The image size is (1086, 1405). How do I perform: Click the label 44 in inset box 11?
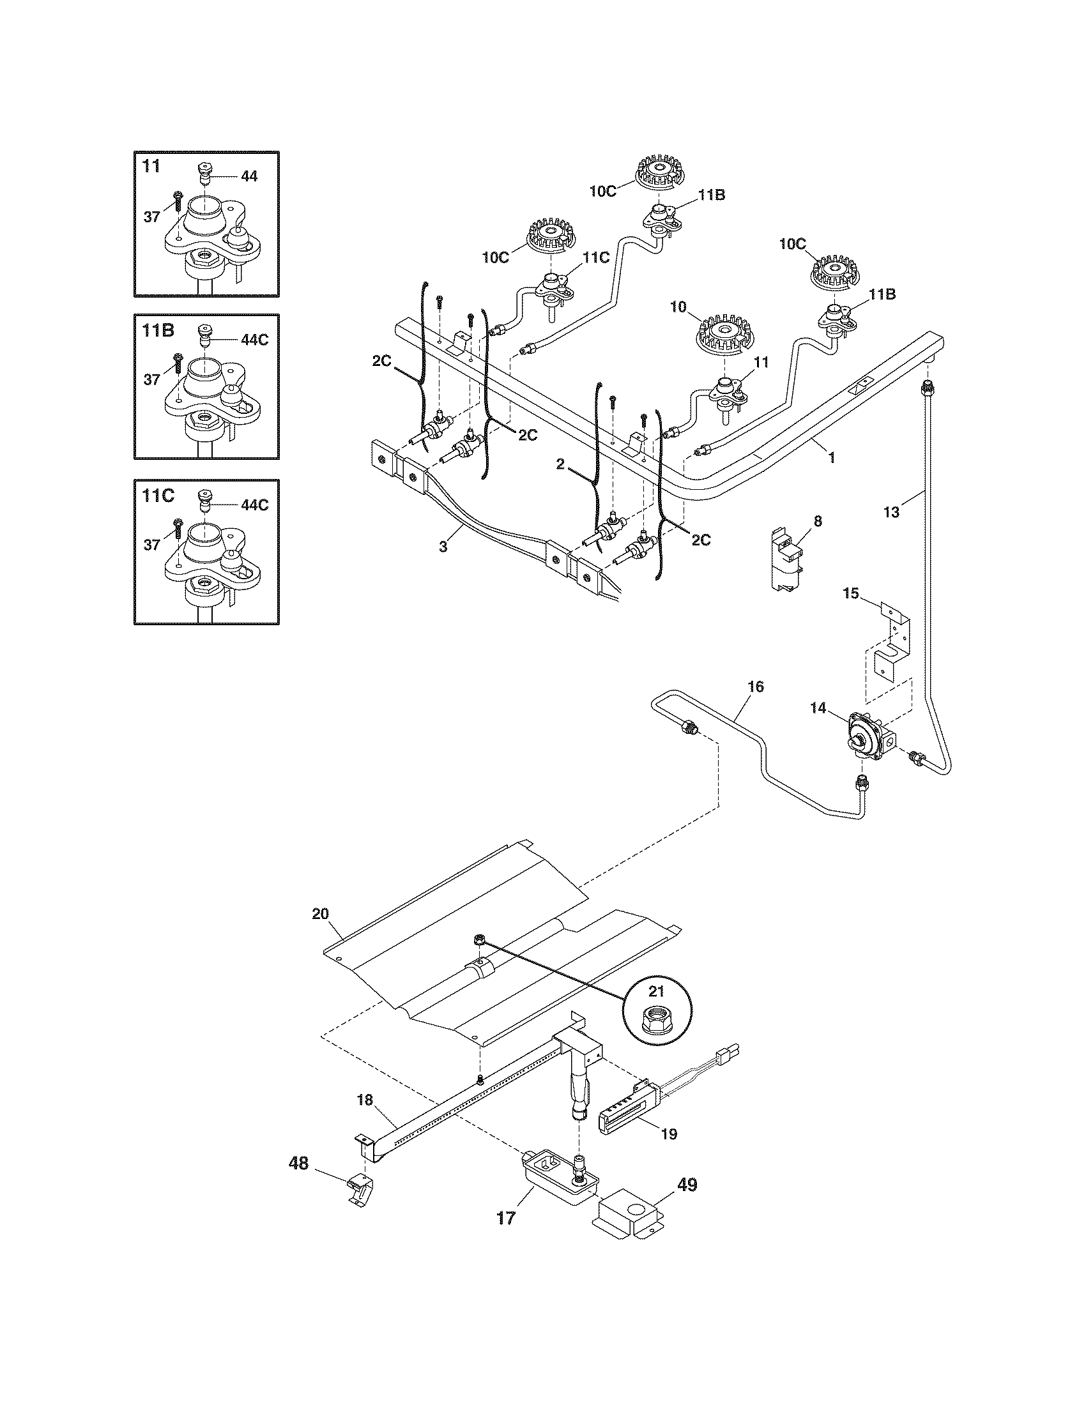pyautogui.click(x=249, y=176)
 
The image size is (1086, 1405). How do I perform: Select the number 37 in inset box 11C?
pyautogui.click(x=151, y=545)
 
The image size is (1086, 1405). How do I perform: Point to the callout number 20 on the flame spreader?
pyautogui.click(x=320, y=913)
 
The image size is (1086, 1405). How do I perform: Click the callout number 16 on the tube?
pyautogui.click(x=756, y=687)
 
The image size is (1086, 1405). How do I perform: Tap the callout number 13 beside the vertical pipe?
pyautogui.click(x=891, y=512)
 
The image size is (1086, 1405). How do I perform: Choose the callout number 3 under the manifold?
pyautogui.click(x=443, y=546)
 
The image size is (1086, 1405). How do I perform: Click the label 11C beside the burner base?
pyautogui.click(x=596, y=258)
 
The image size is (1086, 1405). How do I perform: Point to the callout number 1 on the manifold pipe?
pyautogui.click(x=832, y=457)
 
